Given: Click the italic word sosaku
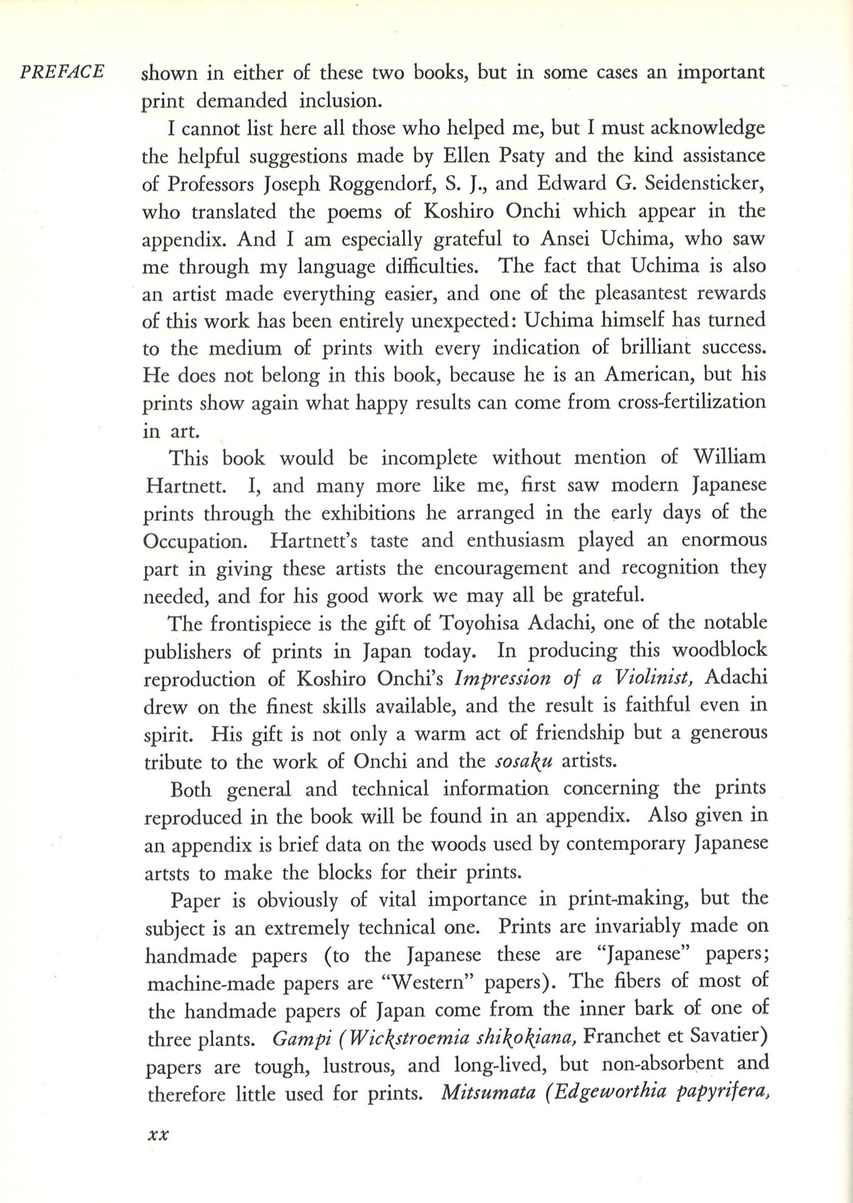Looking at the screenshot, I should (x=525, y=761).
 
